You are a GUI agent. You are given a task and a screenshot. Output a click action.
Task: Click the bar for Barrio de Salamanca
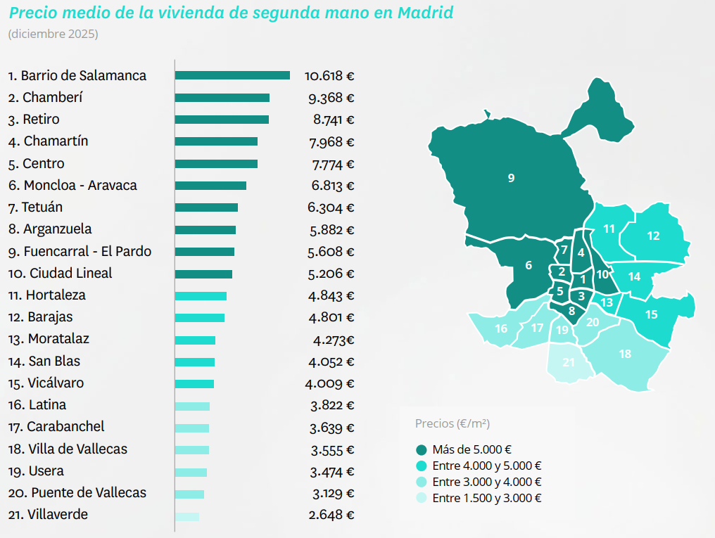tap(232, 75)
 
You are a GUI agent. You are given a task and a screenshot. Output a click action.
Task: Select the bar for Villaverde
tap(187, 517)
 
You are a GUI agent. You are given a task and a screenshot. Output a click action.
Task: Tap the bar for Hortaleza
tap(201, 296)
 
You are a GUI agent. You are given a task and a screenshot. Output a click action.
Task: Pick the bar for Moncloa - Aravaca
tap(210, 186)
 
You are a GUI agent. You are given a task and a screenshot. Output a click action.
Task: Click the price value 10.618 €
tap(329, 76)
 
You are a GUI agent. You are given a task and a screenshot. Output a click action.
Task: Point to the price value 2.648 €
tap(331, 515)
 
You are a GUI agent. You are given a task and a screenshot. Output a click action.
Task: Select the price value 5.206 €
tap(331, 274)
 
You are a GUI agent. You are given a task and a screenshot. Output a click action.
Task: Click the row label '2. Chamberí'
tap(48, 98)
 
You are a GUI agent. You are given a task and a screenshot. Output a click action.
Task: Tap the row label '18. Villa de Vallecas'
tap(68, 449)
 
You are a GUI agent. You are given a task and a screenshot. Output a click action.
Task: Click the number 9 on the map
tap(511, 178)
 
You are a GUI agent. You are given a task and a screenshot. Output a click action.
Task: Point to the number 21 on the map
tap(569, 363)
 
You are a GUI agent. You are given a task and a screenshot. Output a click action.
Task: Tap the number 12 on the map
tap(653, 236)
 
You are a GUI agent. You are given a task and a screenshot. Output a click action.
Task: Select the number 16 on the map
tap(501, 329)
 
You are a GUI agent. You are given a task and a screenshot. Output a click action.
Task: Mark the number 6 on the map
tap(529, 266)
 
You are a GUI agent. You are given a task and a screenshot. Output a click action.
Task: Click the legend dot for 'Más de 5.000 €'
tap(422, 450)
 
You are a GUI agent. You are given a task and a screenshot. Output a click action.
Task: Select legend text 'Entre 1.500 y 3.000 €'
tap(486, 499)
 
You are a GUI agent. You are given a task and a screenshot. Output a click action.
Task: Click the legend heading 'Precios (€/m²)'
tap(453, 423)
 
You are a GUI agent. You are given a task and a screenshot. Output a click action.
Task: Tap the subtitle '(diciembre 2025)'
tap(53, 34)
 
